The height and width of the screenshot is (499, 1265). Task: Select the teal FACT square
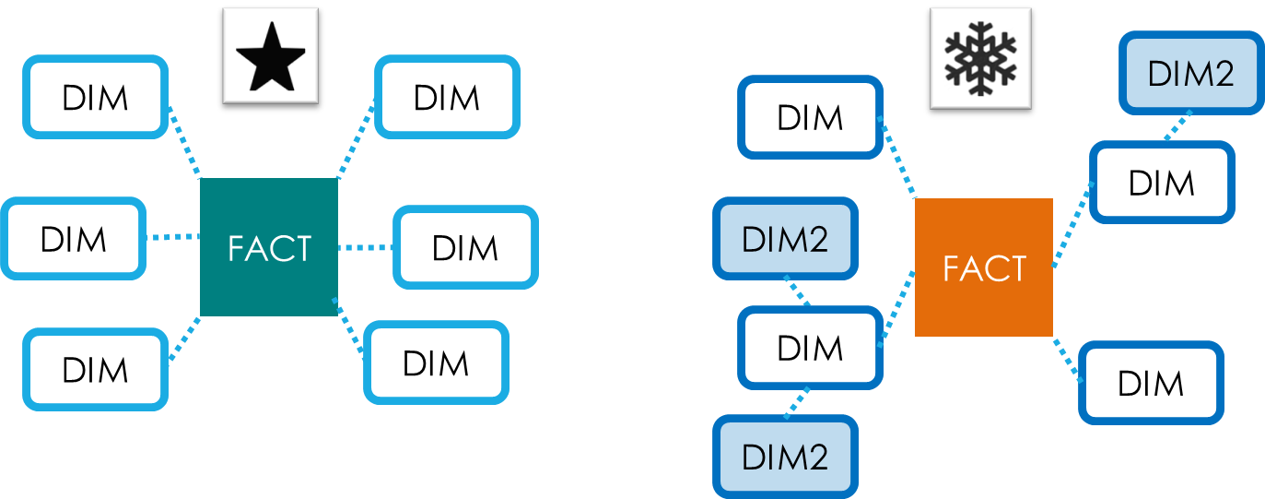269,247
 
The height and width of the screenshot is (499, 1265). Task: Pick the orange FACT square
984,267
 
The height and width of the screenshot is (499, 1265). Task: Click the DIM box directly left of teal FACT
74,239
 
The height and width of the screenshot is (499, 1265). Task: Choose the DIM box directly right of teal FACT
465,248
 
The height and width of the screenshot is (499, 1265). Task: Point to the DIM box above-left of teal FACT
96,97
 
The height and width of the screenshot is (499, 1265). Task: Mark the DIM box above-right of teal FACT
447,97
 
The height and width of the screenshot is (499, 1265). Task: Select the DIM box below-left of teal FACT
96,370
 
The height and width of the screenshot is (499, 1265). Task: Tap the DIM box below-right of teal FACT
436,362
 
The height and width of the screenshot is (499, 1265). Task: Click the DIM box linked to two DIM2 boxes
810,348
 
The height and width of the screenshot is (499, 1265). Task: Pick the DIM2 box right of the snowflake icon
1191,73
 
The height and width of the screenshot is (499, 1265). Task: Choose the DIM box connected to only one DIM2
1162,183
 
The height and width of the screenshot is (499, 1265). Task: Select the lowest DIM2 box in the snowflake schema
785,456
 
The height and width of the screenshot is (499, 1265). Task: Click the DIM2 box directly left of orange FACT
785,238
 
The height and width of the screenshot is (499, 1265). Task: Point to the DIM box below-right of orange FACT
1151,383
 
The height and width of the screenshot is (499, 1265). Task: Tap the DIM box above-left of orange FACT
810,117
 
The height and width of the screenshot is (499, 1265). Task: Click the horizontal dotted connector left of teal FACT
173,238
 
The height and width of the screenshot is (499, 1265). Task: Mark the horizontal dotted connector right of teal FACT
365,247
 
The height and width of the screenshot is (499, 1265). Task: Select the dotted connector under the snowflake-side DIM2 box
1177,125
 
